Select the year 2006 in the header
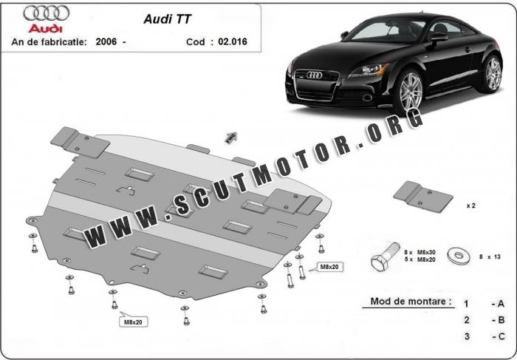(x=106, y=42)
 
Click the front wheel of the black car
(x=408, y=94)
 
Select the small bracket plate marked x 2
(x=423, y=195)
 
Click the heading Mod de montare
(x=407, y=302)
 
